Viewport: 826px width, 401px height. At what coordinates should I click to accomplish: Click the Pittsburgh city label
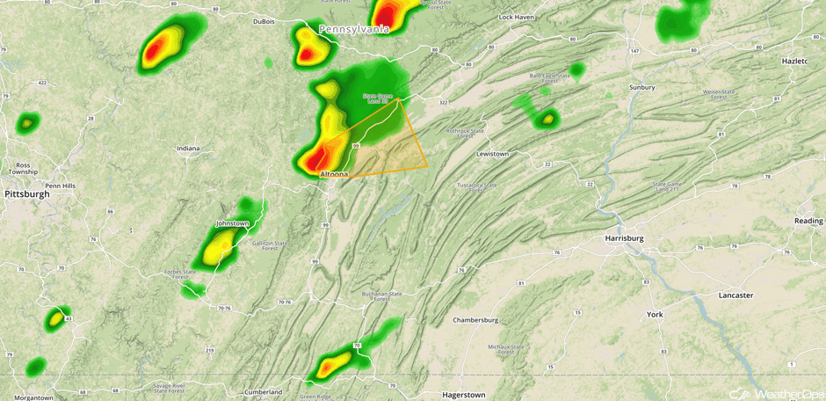(x=26, y=193)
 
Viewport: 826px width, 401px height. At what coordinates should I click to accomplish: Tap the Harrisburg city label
(x=625, y=238)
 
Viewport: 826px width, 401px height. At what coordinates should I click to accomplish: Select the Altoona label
(x=334, y=174)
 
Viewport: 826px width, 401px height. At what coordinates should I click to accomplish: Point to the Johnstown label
(x=232, y=223)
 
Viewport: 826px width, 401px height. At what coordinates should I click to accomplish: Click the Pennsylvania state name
(x=354, y=29)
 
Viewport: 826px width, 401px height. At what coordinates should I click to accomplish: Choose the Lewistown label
(x=493, y=154)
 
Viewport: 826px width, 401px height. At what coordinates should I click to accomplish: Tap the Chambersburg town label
(x=475, y=320)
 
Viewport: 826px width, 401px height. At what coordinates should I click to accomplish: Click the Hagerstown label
(x=464, y=395)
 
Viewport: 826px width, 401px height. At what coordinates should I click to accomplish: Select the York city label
(x=655, y=314)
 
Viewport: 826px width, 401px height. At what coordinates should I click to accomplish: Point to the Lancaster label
(x=735, y=295)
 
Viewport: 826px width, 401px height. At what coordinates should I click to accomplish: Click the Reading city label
(x=808, y=221)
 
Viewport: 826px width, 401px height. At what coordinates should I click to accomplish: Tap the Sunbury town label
(x=642, y=87)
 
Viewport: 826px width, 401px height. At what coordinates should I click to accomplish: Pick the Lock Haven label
(x=517, y=18)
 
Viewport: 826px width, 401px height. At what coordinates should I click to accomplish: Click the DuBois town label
(x=264, y=21)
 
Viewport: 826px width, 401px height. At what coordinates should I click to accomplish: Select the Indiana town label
(x=187, y=149)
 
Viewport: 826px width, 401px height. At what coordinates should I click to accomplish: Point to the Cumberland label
(x=264, y=391)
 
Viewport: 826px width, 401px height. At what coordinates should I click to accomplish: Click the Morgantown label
(x=34, y=397)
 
